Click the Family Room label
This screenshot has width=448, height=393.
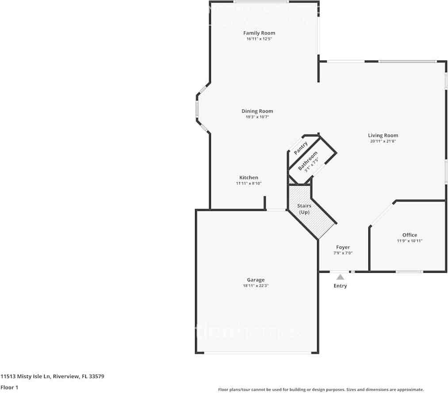point(259,33)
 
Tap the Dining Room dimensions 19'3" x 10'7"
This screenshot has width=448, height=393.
point(257,117)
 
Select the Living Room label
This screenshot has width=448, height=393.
point(383,135)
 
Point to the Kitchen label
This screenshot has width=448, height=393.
point(249,177)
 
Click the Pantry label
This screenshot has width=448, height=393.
point(301,148)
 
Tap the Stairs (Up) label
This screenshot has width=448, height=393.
point(304,209)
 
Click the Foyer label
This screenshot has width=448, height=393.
point(343,247)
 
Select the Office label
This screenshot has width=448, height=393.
point(410,235)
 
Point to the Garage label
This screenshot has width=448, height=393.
point(256,279)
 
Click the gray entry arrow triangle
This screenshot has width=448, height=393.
point(340,277)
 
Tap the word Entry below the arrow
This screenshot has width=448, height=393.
point(340,286)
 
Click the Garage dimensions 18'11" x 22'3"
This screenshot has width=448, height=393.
point(256,286)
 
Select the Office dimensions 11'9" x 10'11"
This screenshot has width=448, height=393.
point(410,241)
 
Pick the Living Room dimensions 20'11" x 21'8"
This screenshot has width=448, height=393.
point(383,141)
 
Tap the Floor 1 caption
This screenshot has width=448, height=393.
point(9,387)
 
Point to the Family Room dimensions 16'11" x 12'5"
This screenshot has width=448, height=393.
point(259,39)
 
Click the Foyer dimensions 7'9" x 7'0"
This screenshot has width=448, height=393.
point(343,253)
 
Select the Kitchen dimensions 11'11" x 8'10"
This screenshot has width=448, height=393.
point(249,183)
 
